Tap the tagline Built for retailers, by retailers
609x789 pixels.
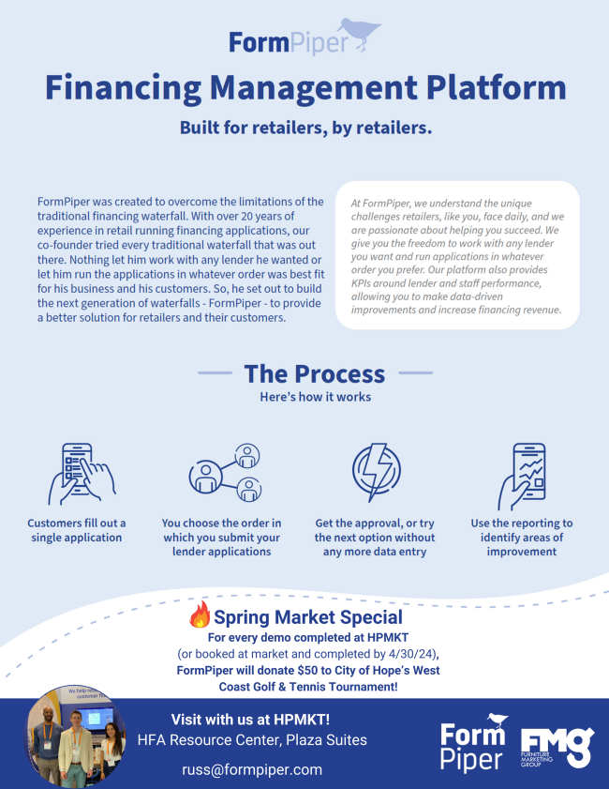[x=305, y=128]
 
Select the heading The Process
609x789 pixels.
[x=314, y=373]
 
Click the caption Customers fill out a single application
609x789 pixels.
[x=77, y=530]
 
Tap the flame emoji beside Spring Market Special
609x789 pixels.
[x=200, y=615]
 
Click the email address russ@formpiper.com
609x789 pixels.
[x=252, y=769]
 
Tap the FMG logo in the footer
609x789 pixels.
[x=557, y=747]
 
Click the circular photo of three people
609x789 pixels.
[x=76, y=737]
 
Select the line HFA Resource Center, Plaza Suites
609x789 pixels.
[x=252, y=740]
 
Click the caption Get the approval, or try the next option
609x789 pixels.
[x=375, y=538]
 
